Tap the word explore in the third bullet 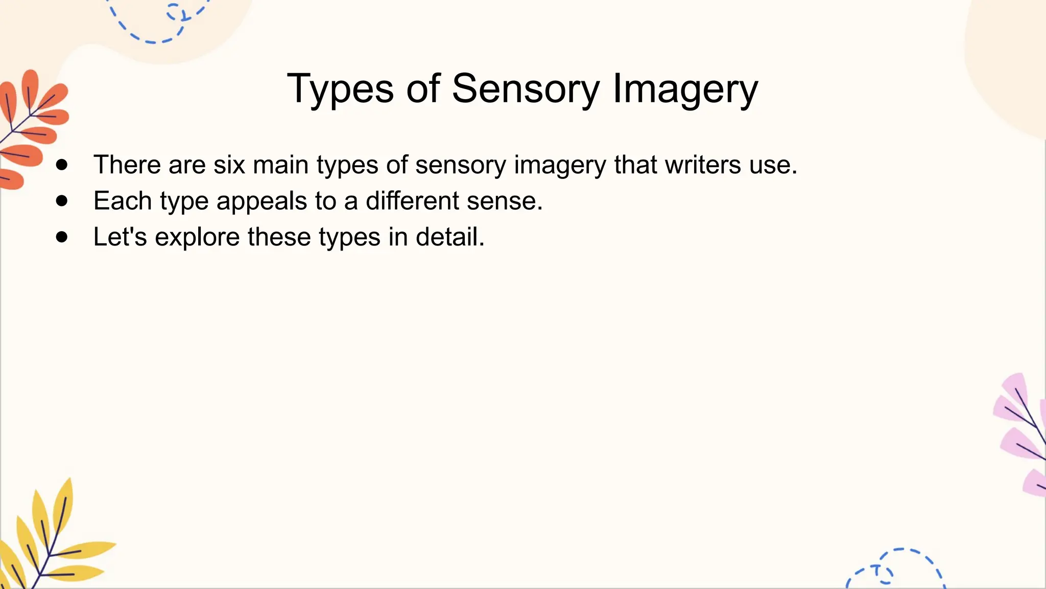(x=197, y=237)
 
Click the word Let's (x=121, y=237)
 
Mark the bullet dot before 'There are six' (x=62, y=165)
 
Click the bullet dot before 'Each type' (x=62, y=201)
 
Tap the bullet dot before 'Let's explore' (x=62, y=237)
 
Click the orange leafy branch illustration (x=31, y=128)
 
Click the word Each (x=123, y=201)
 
